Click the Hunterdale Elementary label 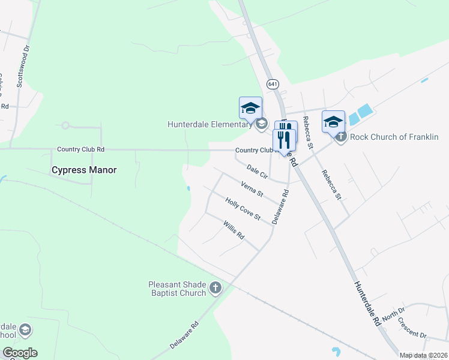pyautogui.click(x=209, y=125)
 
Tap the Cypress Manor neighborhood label pyautogui.click(x=84, y=170)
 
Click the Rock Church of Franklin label pyautogui.click(x=394, y=137)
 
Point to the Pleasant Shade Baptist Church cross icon pyautogui.click(x=215, y=289)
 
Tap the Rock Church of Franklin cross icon pyautogui.click(x=341, y=137)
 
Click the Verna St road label pyautogui.click(x=252, y=189)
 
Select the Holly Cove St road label pyautogui.click(x=243, y=208)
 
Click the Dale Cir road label pyautogui.click(x=257, y=173)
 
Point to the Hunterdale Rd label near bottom pyautogui.click(x=367, y=304)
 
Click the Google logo pyautogui.click(x=20, y=353)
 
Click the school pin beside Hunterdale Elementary pyautogui.click(x=250, y=108)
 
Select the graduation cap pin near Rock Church pyautogui.click(x=333, y=121)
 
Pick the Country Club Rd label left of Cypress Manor pyautogui.click(x=81, y=149)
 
